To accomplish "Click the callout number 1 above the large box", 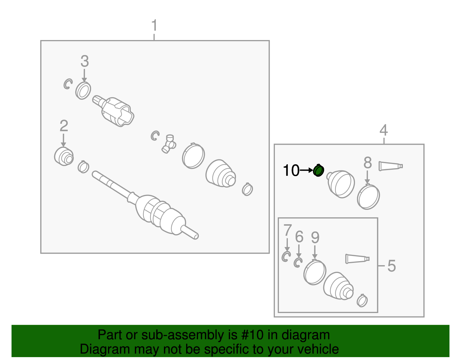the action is click(154, 25).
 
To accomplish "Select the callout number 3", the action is click(85, 61).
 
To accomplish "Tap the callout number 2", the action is click(64, 126).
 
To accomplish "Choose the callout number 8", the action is click(368, 163).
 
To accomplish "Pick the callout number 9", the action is click(315, 238).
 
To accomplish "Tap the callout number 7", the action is click(288, 230).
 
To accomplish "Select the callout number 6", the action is click(299, 237).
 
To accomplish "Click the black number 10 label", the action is click(291, 170).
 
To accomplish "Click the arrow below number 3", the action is click(84, 75).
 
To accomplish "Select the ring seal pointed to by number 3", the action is click(83, 91).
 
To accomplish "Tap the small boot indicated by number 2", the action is click(64, 156).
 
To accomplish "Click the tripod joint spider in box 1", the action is click(169, 144).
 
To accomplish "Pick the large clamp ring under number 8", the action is click(369, 197).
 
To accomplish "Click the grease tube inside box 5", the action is click(358, 259).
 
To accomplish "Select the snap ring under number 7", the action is click(286, 257).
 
